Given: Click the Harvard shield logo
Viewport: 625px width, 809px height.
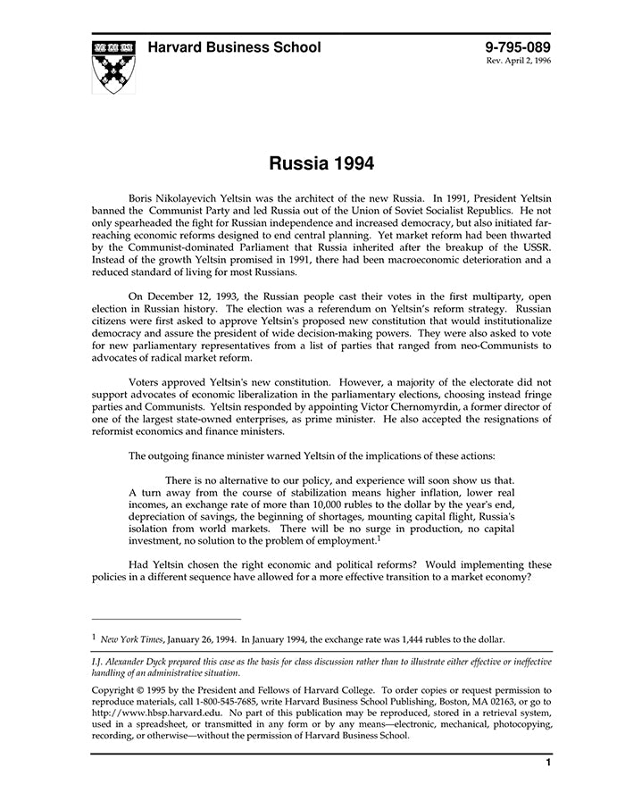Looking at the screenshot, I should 114,66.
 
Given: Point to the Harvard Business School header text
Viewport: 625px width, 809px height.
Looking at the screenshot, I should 234,47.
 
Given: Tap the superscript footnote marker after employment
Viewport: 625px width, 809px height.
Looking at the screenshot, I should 379,538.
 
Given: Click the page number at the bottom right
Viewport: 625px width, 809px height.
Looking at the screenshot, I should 548,763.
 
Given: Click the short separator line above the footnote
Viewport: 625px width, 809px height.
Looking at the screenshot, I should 166,619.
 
